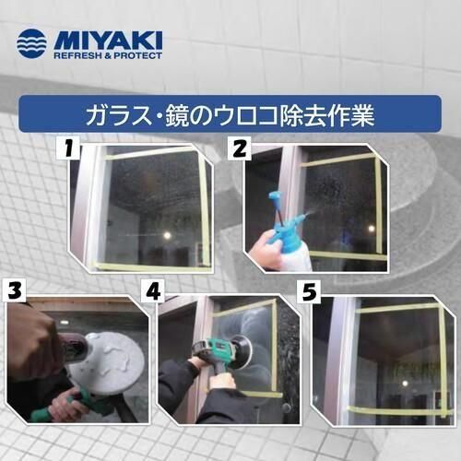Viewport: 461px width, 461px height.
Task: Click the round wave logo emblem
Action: point(31,43)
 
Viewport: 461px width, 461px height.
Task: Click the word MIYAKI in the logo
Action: point(108,41)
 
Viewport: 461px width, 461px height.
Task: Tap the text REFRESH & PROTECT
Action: point(108,55)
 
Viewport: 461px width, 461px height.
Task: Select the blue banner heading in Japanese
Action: point(230,114)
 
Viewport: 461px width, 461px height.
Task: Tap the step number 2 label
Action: point(240,148)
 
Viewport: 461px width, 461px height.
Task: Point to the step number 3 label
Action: point(14,290)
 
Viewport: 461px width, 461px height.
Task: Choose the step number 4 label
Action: point(153,290)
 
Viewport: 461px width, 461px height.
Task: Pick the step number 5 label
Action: point(309,291)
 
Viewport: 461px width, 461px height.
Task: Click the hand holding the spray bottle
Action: point(266,251)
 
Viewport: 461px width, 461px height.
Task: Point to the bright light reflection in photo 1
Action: point(168,235)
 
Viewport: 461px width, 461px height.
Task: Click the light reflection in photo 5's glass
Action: point(405,383)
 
